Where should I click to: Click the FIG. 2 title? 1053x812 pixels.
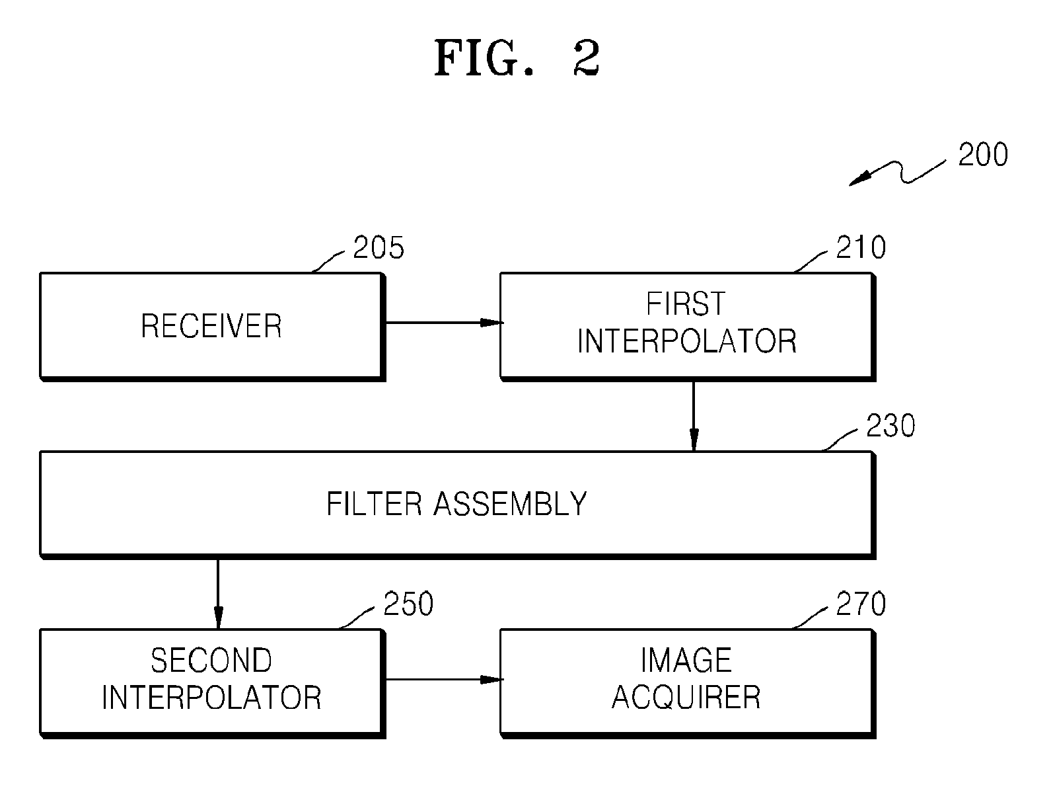click(517, 58)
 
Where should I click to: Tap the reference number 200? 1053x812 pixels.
click(983, 155)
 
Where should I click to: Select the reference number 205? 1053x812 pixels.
click(379, 247)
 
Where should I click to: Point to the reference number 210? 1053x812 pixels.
click(861, 247)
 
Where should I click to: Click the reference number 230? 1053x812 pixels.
click(890, 425)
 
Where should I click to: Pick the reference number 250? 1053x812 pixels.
click(408, 604)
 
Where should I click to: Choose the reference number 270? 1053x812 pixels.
click(861, 604)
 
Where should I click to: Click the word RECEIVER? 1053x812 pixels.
click(211, 326)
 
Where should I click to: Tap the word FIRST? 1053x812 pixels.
click(686, 304)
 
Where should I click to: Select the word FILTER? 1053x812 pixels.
click(374, 504)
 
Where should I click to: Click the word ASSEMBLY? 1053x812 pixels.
click(510, 504)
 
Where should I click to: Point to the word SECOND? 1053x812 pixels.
click(211, 661)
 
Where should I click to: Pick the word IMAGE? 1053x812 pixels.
click(686, 661)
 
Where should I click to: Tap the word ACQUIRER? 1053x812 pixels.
click(686, 698)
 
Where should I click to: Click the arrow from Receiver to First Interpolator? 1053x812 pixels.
click(445, 323)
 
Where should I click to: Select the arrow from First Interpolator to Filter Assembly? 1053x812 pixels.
click(694, 416)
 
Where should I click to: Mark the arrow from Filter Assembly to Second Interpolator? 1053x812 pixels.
click(218, 594)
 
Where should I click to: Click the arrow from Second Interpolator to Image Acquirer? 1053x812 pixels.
click(445, 680)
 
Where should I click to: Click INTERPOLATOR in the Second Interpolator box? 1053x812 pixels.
click(211, 698)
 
